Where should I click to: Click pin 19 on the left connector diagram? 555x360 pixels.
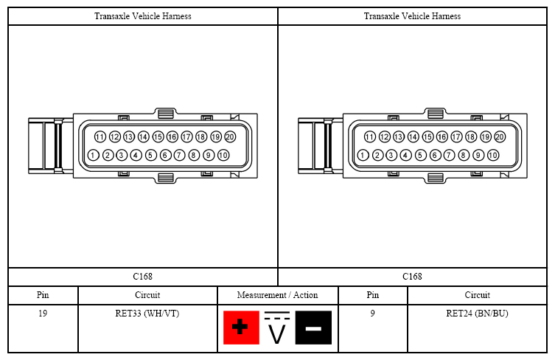pos(215,136)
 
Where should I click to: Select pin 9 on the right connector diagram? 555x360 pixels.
pos(478,155)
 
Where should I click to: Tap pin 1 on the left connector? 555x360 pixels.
pos(93,155)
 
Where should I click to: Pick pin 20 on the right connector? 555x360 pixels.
pos(500,136)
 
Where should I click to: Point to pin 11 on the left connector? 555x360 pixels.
pos(100,136)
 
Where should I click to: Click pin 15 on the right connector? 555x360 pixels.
pos(427,136)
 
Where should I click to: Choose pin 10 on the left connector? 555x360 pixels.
pos(223,155)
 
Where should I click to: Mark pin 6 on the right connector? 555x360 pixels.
pos(435,155)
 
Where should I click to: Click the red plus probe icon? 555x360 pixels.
pos(241,328)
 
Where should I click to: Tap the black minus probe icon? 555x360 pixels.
pos(313,328)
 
